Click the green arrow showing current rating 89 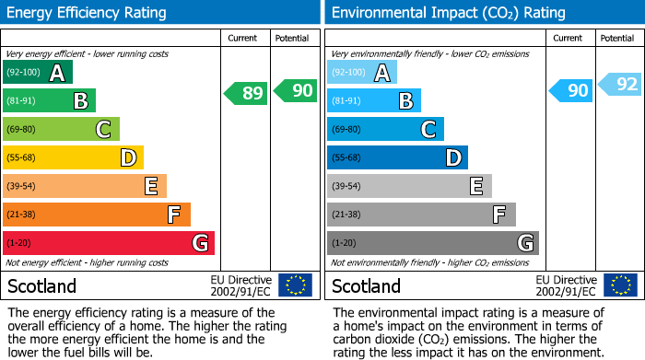246,92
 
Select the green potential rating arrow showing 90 295,91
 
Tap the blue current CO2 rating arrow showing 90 571,90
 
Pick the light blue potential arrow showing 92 620,85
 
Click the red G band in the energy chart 109,243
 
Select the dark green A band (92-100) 38,73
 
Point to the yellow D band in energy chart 73,158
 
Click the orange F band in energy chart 97,215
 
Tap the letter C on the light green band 104,130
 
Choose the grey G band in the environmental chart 433,243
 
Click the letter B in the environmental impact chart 405,101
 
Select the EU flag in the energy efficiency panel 295,285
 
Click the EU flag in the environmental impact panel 620,285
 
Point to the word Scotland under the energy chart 42,285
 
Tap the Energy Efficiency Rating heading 88,13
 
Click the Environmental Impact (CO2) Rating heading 448,13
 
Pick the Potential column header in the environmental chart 617,38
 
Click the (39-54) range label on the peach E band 21,187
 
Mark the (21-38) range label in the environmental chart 346,215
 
